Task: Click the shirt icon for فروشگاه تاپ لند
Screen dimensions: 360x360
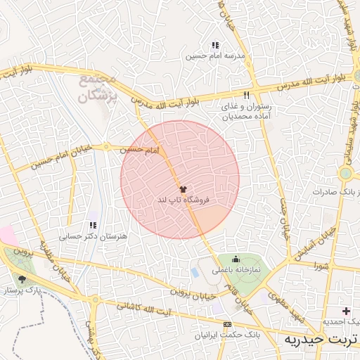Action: pos(183,189)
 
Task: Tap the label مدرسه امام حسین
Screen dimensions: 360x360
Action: pos(215,55)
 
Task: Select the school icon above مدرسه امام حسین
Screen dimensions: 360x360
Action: pos(214,45)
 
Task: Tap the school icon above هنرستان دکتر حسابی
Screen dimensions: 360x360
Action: pos(92,226)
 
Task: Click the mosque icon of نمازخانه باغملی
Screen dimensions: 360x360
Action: pos(235,259)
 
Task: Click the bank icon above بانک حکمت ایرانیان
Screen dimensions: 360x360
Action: pos(226,324)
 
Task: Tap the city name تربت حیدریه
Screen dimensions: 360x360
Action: pos(319,340)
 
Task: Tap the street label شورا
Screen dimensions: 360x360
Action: pos(321,266)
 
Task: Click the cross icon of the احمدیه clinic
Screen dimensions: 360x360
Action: pos(346,311)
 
